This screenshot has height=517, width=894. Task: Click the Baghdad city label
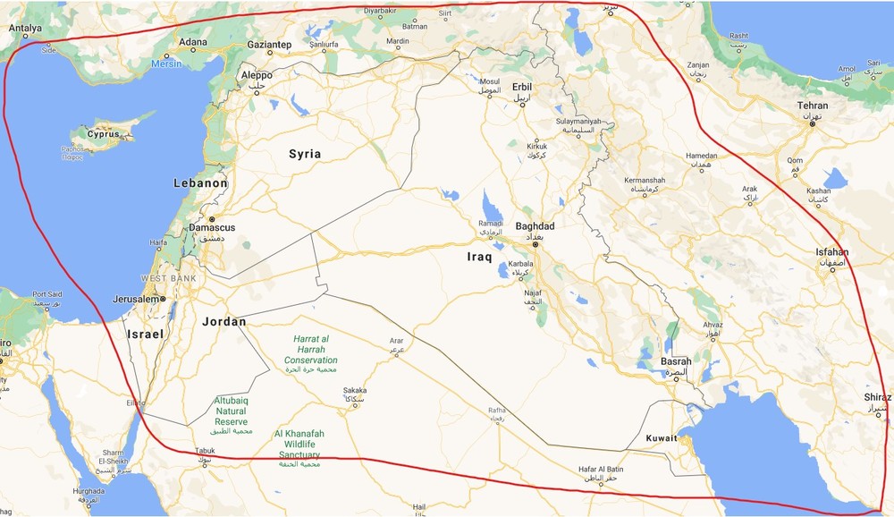click(x=535, y=226)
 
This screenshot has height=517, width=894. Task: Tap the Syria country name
click(x=304, y=154)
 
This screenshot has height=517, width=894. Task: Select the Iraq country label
click(x=479, y=257)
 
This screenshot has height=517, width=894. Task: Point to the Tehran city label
click(x=812, y=106)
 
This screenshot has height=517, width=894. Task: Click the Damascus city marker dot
click(x=212, y=219)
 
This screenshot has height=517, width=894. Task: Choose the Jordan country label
click(x=223, y=321)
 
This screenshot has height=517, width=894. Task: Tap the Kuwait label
click(x=662, y=438)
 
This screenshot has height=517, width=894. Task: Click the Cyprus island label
click(x=103, y=134)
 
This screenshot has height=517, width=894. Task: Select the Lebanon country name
click(x=200, y=182)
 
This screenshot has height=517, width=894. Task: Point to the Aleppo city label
click(x=257, y=75)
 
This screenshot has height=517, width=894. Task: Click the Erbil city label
click(x=522, y=87)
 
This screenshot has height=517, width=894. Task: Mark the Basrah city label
click(x=675, y=361)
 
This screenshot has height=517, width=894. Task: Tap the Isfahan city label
click(x=831, y=252)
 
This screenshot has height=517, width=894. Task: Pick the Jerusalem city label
click(x=136, y=299)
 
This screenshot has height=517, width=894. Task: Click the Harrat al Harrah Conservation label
click(x=311, y=350)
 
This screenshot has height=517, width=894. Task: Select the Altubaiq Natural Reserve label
click(x=231, y=411)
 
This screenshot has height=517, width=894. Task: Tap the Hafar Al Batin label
click(x=600, y=470)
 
